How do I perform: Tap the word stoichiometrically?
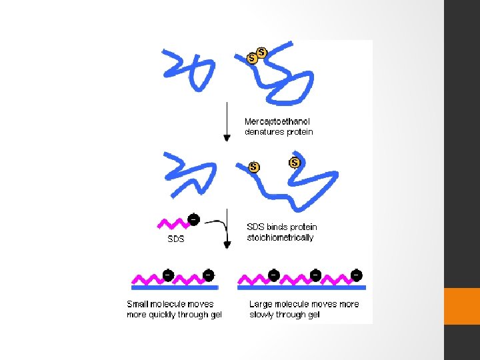click(280, 238)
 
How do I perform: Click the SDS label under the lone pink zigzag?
click(176, 238)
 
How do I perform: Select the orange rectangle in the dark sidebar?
click(461, 306)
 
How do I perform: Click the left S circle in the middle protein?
click(253, 167)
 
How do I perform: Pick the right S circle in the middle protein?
click(294, 163)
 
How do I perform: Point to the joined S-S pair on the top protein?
click(257, 55)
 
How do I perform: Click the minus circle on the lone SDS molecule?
click(193, 219)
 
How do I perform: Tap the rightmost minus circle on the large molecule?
click(357, 274)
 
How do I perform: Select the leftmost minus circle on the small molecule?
click(168, 274)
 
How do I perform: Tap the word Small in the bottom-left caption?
click(139, 304)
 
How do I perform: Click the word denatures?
click(265, 132)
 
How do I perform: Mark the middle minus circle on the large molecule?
click(315, 274)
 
